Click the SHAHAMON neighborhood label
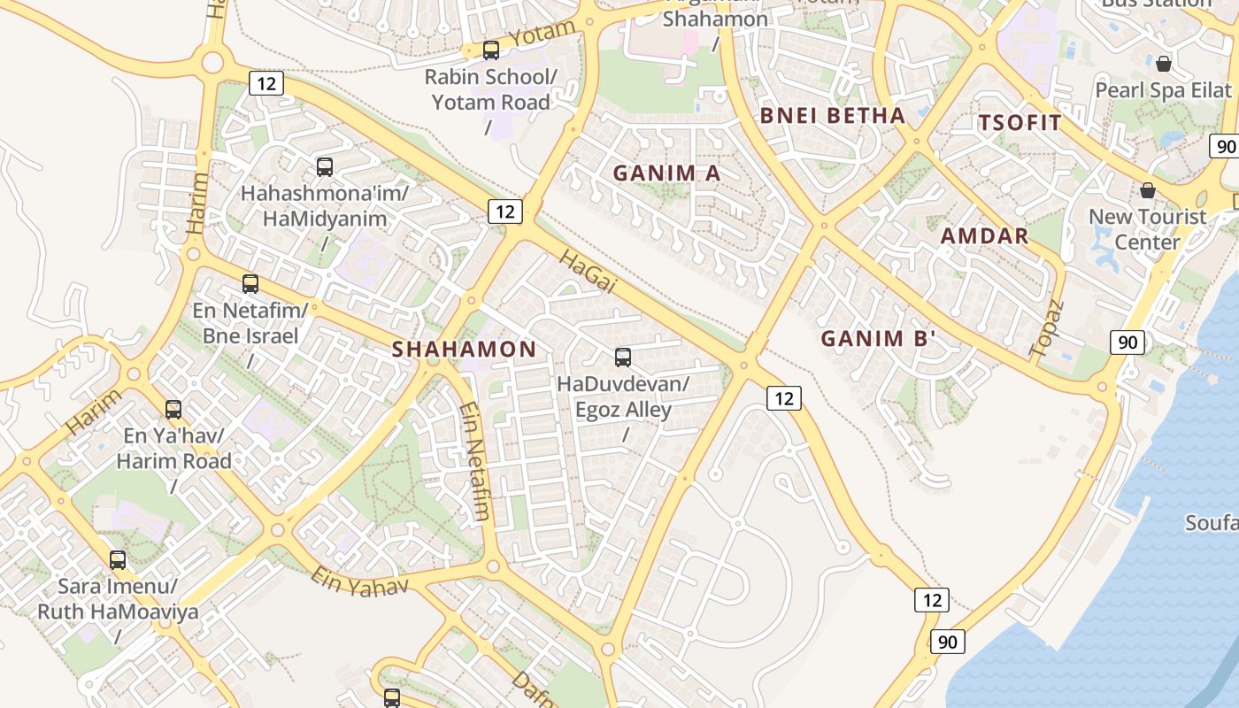[464, 350]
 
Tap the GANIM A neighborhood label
[667, 173]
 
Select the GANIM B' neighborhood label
[878, 338]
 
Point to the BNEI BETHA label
[832, 116]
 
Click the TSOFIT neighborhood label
[1020, 123]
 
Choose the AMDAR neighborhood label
[984, 236]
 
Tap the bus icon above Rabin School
[491, 50]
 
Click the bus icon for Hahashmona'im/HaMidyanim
[325, 166]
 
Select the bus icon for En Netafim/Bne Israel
[250, 284]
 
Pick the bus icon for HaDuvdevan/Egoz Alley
[623, 358]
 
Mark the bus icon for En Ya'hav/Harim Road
[173, 410]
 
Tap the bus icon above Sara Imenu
[118, 559]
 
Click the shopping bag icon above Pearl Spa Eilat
[1164, 64]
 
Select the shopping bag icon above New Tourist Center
[1148, 190]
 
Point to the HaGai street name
[588, 270]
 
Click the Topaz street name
[1046, 328]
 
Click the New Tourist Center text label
[1147, 229]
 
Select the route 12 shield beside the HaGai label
[504, 212]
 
